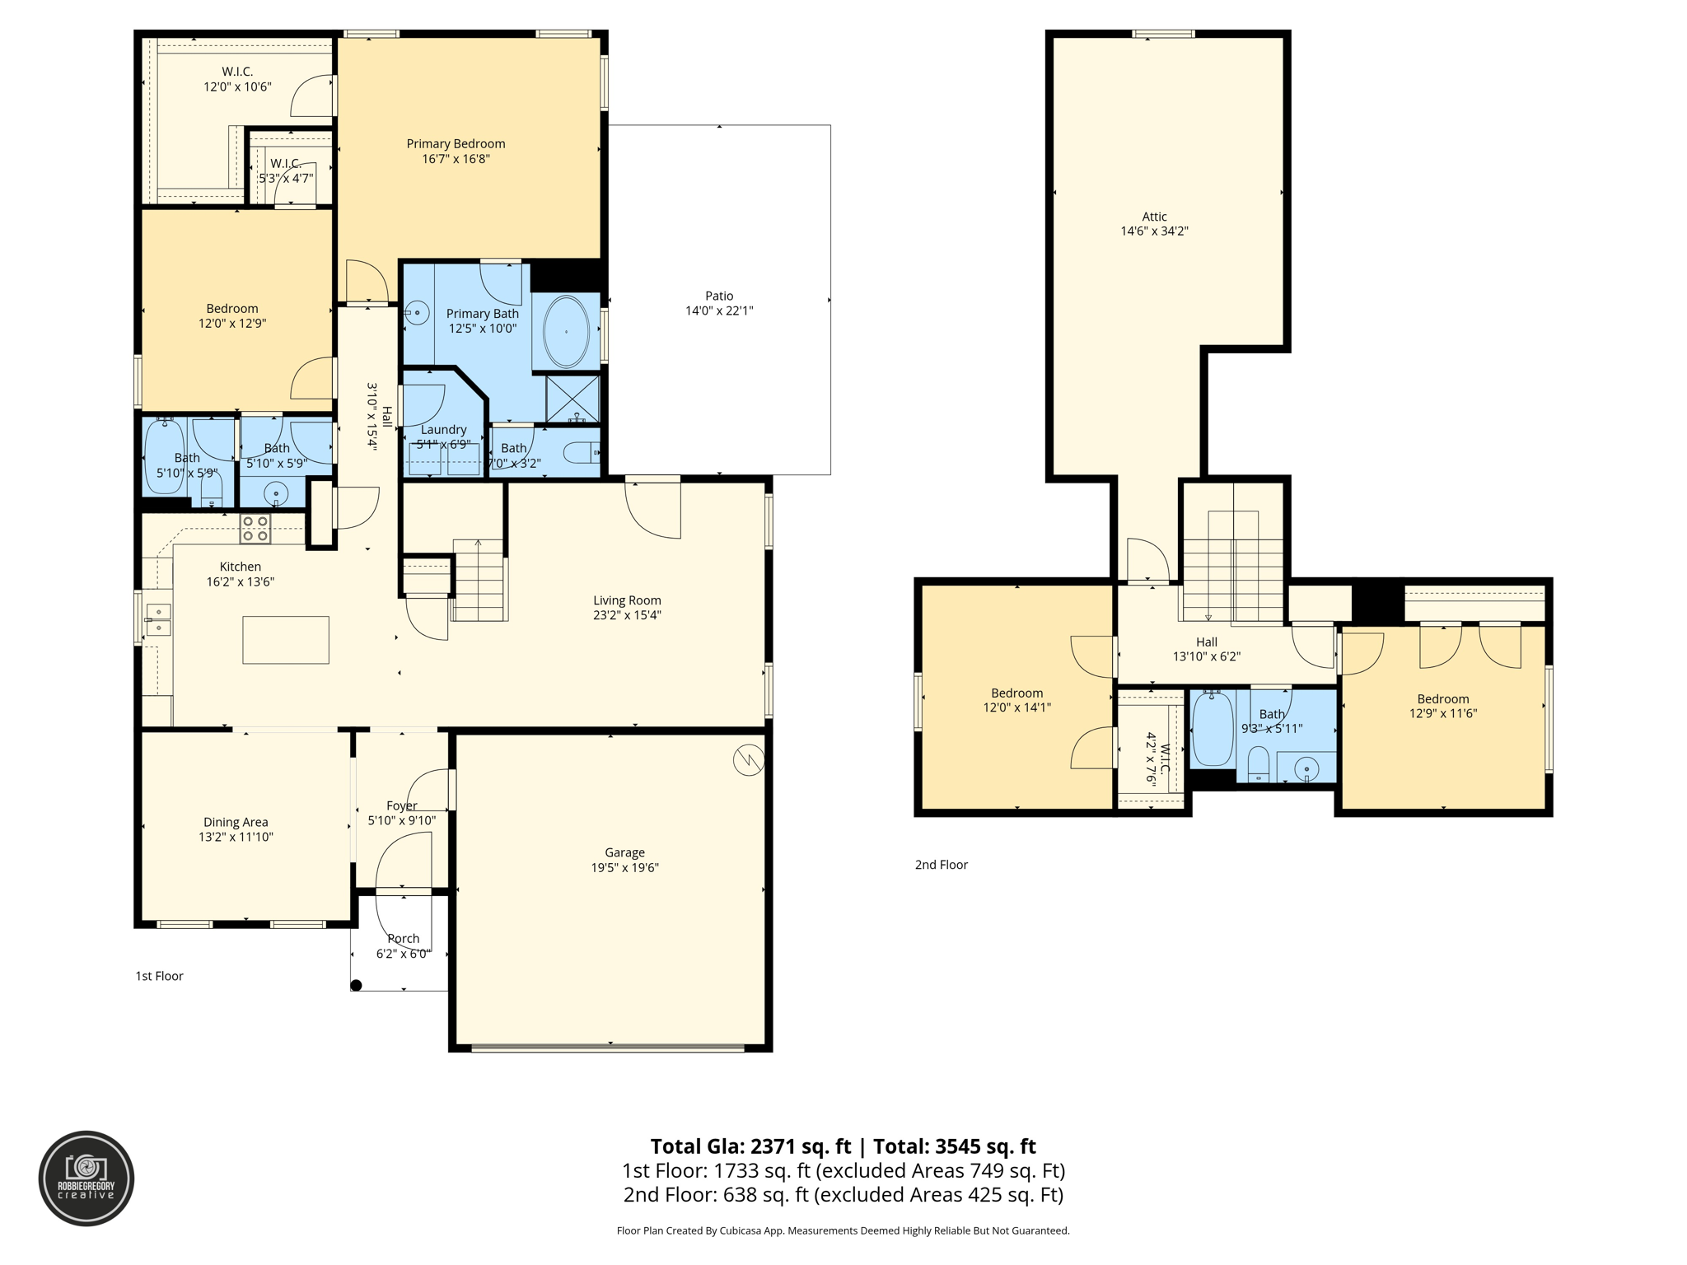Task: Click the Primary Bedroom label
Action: click(x=456, y=144)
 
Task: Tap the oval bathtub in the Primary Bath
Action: click(x=566, y=332)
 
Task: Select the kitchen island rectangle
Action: click(x=286, y=640)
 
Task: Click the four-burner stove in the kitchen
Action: click(x=255, y=529)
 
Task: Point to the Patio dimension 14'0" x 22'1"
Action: click(x=719, y=311)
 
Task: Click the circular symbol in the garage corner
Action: click(x=748, y=760)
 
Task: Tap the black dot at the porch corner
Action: click(x=356, y=985)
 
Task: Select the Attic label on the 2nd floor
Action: click(x=1154, y=217)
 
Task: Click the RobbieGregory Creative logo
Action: click(x=86, y=1179)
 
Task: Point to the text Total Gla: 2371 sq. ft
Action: click(x=750, y=1146)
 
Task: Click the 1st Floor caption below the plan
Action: click(x=159, y=976)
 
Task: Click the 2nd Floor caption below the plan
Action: click(x=941, y=865)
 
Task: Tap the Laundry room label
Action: click(x=443, y=430)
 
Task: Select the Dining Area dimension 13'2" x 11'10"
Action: click(x=236, y=838)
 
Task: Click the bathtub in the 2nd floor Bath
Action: click(x=1213, y=730)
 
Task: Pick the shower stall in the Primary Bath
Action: click(x=572, y=399)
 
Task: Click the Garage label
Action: click(x=624, y=853)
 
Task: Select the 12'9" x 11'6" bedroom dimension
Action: click(x=1442, y=714)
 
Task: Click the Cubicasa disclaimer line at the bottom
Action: click(x=843, y=1231)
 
